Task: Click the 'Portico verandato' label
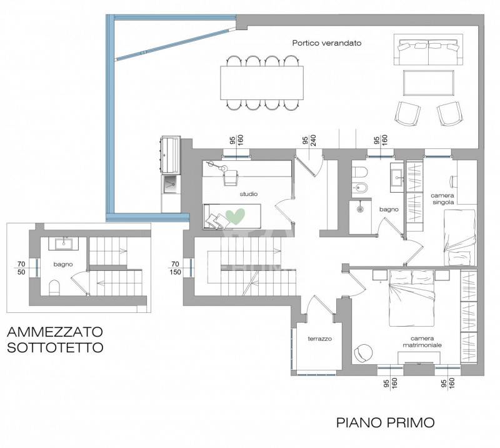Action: [326, 43]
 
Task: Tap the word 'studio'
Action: [248, 194]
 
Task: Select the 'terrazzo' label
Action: [319, 339]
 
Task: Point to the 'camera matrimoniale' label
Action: [422, 342]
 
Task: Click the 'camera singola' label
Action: [442, 199]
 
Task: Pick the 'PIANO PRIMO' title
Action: [386, 422]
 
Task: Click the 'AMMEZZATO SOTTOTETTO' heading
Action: [55, 339]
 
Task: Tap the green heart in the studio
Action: [236, 216]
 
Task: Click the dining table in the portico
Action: [262, 83]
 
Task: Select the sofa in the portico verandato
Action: [428, 49]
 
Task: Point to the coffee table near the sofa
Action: [428, 83]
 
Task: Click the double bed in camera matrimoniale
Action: [411, 298]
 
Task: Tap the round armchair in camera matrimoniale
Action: [363, 352]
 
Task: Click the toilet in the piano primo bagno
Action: [360, 173]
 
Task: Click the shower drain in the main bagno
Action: [360, 209]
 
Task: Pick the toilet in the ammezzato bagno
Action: [54, 287]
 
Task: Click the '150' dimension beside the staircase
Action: [175, 272]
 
